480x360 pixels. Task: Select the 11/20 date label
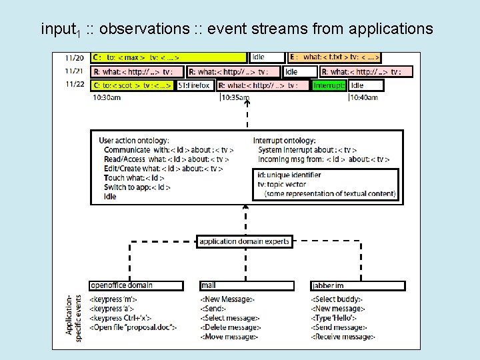click(75, 58)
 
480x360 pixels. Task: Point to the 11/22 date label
click(75, 85)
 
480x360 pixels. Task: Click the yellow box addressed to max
click(170, 58)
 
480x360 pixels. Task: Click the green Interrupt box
click(329, 85)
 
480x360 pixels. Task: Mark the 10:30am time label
click(107, 97)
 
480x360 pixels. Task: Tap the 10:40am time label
click(364, 97)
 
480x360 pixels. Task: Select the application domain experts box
click(245, 241)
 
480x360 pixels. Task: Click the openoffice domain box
click(136, 285)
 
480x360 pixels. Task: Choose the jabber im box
click(357, 285)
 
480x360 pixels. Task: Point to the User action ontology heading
click(133, 141)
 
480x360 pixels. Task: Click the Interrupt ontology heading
click(284, 141)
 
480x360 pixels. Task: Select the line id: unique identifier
click(289, 175)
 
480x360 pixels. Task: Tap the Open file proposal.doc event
click(133, 327)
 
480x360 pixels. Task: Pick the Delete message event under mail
click(231, 327)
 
